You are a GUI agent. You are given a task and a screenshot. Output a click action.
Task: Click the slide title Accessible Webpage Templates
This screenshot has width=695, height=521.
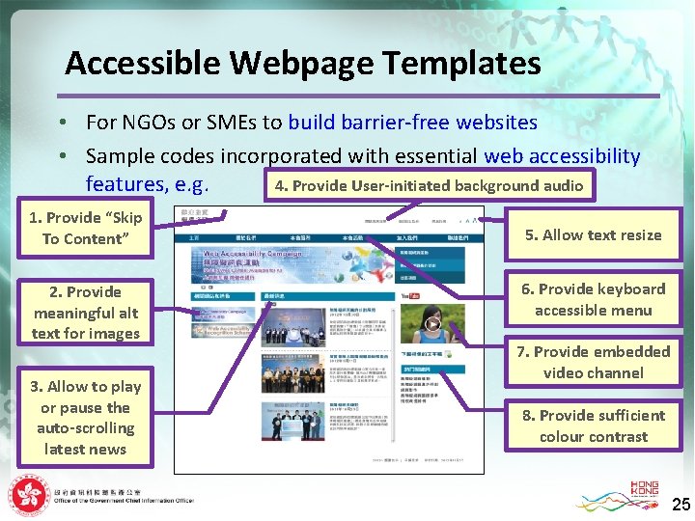(302, 64)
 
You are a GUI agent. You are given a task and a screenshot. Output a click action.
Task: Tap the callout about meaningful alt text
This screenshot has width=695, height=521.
(86, 313)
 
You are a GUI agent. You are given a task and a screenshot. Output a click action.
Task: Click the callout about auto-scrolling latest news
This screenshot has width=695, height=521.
(85, 418)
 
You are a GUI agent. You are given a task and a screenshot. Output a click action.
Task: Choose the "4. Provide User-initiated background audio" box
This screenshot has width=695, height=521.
(429, 185)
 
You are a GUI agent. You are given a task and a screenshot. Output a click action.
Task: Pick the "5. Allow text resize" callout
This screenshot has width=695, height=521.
(593, 234)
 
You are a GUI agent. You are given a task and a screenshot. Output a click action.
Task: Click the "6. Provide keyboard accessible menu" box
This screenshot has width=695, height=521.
(593, 299)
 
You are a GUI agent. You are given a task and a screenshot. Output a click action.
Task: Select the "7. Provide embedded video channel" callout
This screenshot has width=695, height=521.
(593, 362)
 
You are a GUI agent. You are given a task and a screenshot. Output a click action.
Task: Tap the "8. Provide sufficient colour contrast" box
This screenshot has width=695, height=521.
(593, 425)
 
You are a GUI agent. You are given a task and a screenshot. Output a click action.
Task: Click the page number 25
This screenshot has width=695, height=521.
(681, 504)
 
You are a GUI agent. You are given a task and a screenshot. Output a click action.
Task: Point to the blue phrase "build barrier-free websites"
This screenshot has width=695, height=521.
(412, 123)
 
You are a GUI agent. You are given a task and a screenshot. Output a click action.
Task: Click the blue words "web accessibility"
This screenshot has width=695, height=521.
(562, 155)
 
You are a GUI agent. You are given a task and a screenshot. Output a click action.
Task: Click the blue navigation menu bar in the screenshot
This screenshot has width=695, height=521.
(328, 237)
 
